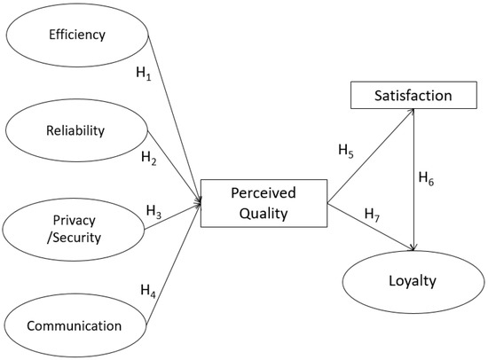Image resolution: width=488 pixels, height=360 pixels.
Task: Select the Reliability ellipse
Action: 75,130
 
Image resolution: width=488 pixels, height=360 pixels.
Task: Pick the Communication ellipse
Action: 75,325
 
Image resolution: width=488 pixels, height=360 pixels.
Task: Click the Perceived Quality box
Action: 264,203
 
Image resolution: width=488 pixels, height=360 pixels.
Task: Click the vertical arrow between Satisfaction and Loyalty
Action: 415,177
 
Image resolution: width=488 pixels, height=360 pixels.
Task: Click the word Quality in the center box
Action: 264,213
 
